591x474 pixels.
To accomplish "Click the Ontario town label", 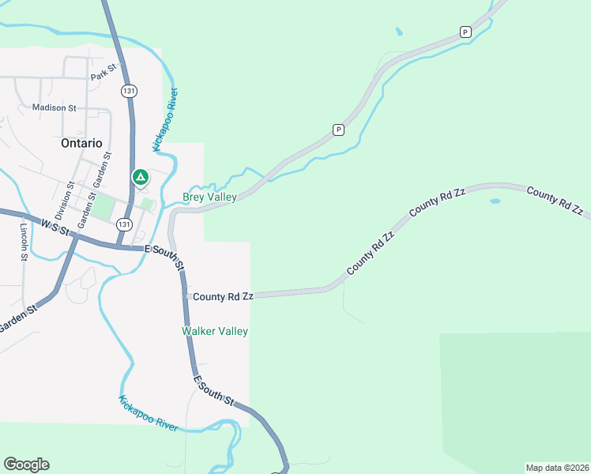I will coord(81,144).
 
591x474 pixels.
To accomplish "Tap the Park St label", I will coord(104,76).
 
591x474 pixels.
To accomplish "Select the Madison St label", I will coord(54,107).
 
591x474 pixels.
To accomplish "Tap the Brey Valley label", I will coord(209,197).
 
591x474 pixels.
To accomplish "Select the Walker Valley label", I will coord(215,332).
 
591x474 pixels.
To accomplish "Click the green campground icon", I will coord(141,177).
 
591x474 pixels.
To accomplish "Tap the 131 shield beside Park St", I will coord(129,92).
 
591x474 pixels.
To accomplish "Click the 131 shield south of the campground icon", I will coord(123,224).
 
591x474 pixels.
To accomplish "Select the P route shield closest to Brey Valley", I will coord(338,130).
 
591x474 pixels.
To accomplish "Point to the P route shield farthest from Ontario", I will coord(465,32).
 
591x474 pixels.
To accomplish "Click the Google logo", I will coord(26,465).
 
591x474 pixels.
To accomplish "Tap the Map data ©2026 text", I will coord(557,467).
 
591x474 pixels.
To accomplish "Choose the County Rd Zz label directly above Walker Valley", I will coord(224,296).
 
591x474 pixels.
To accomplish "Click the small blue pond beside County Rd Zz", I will coord(495,201).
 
